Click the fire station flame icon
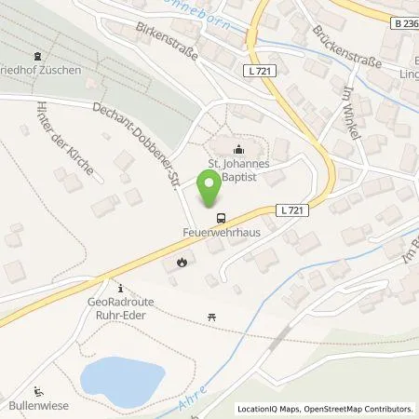[x=183, y=263]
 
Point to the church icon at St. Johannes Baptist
[x=238, y=151]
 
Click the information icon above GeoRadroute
[x=120, y=286]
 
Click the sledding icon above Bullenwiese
[x=36, y=391]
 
